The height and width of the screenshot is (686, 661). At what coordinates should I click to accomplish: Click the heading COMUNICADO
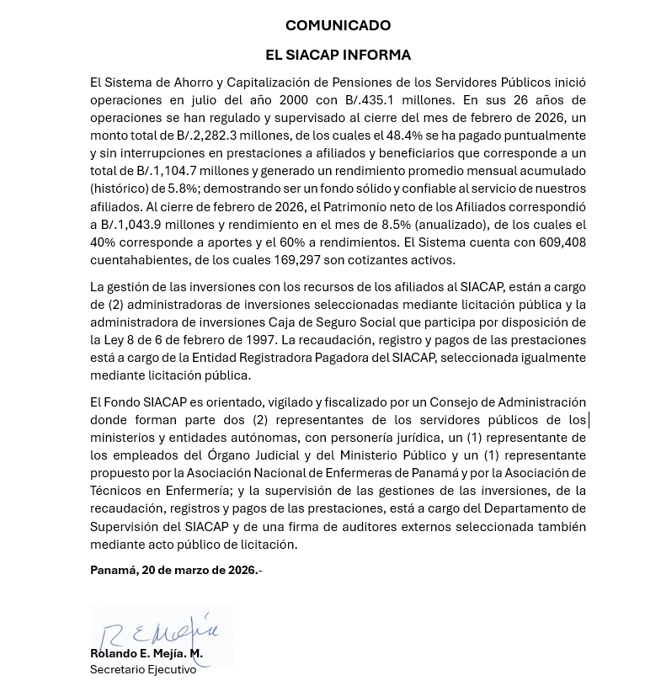pyautogui.click(x=338, y=25)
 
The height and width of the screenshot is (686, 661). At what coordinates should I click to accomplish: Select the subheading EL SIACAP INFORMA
pyautogui.click(x=338, y=56)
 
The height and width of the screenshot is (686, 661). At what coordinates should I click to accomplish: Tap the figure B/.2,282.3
pyautogui.click(x=206, y=136)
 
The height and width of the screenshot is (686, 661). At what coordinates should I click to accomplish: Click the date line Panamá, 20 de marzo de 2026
pyautogui.click(x=175, y=571)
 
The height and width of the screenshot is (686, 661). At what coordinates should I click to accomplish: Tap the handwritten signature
pyautogui.click(x=160, y=631)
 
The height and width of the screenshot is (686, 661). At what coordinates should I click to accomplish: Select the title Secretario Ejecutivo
pyautogui.click(x=143, y=670)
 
